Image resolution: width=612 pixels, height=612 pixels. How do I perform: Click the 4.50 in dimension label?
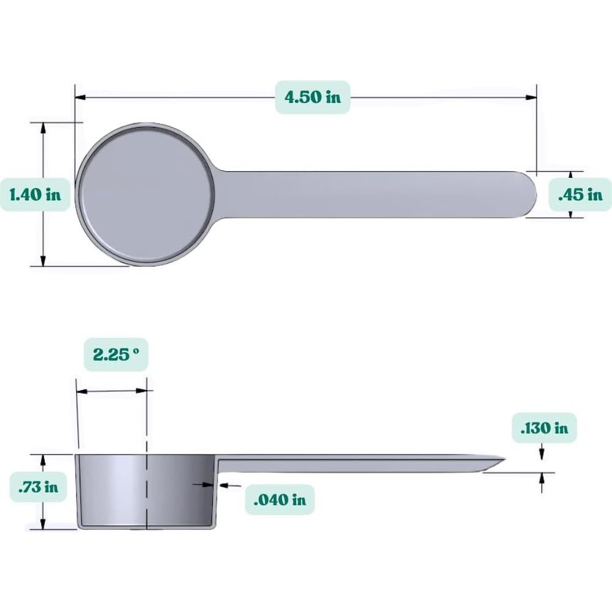pos(312,97)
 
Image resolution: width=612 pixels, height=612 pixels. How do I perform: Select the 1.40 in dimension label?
pos(35,194)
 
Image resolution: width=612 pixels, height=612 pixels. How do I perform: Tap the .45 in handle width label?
pos(579,194)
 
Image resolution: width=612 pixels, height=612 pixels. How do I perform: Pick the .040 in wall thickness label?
pos(279,499)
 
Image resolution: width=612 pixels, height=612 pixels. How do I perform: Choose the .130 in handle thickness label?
pos(545,427)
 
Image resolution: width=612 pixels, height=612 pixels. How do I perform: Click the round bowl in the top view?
pos(146,194)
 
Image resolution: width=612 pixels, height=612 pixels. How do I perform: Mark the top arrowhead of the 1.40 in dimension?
pos(43,127)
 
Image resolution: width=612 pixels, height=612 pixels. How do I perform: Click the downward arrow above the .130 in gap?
pos(541,453)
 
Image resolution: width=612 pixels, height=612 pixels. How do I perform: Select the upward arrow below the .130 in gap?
pos(541,478)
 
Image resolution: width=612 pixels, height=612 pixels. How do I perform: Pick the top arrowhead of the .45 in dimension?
pos(570,175)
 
